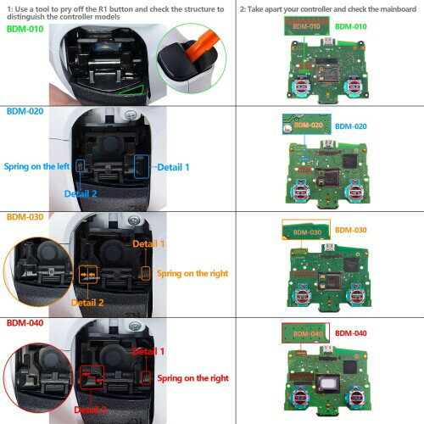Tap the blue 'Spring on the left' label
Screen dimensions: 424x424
tap(36, 166)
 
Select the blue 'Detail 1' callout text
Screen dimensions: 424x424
tap(175, 167)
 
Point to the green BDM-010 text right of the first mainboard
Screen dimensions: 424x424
tap(350, 26)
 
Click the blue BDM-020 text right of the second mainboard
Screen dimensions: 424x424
tap(350, 126)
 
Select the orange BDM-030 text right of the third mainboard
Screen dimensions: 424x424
tap(350, 230)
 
